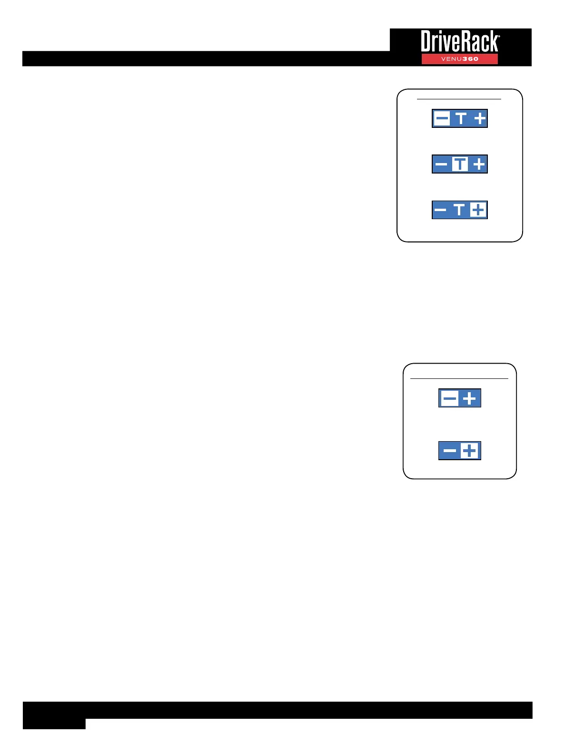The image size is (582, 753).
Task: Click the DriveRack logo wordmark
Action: click(460, 42)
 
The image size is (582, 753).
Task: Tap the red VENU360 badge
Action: click(459, 59)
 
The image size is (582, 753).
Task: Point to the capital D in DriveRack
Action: click(427, 42)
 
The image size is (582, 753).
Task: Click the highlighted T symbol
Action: click(460, 164)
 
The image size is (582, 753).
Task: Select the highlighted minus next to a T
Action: click(442, 118)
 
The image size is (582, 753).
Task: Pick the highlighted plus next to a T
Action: click(478, 210)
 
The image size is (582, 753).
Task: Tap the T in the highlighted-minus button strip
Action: click(460, 118)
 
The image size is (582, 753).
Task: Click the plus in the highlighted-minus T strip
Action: click(479, 118)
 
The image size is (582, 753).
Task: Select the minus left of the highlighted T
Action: click(441, 164)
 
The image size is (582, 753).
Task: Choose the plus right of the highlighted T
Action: click(479, 164)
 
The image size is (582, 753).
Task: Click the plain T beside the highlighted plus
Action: click(459, 210)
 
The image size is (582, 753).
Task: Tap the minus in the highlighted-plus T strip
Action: click(441, 210)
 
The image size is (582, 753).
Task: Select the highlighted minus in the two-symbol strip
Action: click(449, 398)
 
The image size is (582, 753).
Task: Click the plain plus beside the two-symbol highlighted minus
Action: click(470, 398)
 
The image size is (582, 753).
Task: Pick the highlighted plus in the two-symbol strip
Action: click(469, 451)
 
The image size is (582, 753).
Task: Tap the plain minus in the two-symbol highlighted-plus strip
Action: click(449, 451)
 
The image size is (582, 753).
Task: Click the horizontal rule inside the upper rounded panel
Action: click(459, 99)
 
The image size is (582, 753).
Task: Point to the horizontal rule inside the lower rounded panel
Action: click(459, 378)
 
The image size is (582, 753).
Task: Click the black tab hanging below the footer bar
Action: click(54, 724)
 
